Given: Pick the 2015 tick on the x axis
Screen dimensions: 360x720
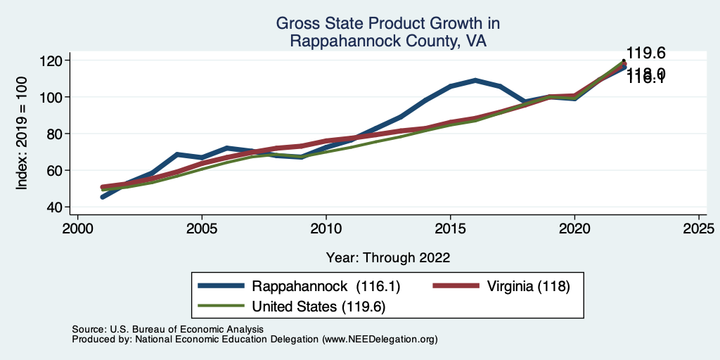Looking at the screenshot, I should [x=451, y=229].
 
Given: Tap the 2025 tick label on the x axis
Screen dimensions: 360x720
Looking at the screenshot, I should [x=699, y=229].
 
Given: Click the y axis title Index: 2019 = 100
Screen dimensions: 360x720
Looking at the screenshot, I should [x=22, y=134].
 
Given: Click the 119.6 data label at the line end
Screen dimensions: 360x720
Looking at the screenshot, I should [x=645, y=53].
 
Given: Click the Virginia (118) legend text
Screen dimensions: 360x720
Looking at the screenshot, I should [x=523, y=286].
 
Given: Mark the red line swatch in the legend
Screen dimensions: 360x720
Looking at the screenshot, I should [x=451, y=286].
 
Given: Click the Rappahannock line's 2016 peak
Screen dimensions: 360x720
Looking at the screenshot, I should [x=476, y=80].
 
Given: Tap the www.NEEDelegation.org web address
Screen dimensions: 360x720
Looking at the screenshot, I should [x=380, y=340].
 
